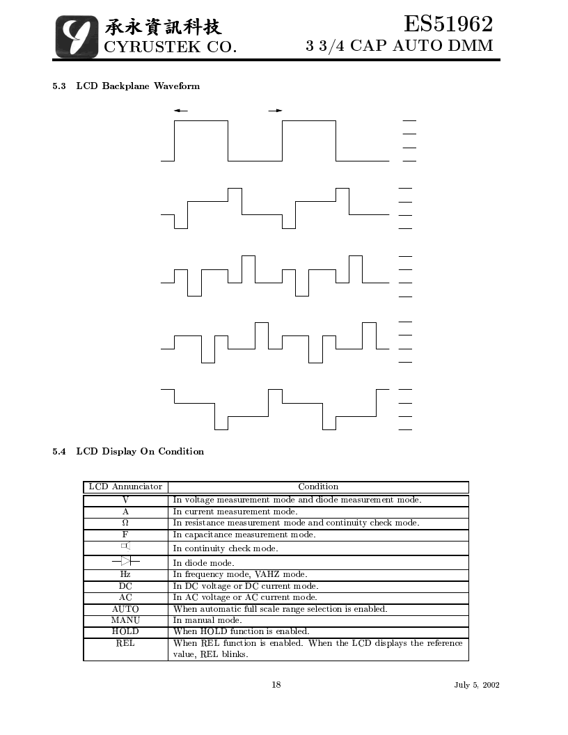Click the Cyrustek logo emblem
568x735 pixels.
77,37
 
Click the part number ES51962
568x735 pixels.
448,24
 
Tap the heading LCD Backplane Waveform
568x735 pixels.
138,86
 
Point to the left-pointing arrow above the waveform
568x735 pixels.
180,111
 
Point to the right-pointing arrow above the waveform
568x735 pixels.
276,111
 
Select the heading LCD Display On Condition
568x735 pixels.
140,452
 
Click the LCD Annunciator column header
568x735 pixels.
125,487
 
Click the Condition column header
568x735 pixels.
318,487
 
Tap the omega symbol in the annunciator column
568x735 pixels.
125,523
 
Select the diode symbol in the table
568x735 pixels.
125,561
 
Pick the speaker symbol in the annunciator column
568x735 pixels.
125,546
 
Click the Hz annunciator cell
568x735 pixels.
125,574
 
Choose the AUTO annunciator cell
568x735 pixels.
125,609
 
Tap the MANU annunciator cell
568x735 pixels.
125,620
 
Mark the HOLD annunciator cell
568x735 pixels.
125,631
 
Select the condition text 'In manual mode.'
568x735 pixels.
207,620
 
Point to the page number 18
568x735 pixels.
276,684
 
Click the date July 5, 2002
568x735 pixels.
477,685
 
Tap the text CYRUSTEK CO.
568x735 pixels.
170,47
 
